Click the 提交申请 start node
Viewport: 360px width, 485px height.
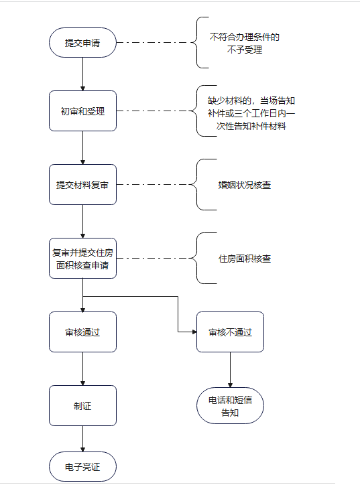tap(82, 43)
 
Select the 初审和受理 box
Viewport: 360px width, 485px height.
tap(82, 111)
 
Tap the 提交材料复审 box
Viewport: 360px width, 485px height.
tap(82, 185)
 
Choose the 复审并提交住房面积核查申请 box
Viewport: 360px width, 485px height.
tap(82, 259)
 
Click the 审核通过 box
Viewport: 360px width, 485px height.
tap(82, 332)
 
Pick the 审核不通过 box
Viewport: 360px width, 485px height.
tap(230, 332)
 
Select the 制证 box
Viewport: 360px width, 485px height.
tap(82, 405)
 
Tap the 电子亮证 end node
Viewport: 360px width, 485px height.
tap(82, 466)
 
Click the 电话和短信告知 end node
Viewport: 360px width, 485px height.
tap(230, 405)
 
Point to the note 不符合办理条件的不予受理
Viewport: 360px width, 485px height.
tap(245, 44)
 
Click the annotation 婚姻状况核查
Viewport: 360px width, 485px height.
tap(245, 185)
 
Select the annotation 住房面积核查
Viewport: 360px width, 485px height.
tap(245, 259)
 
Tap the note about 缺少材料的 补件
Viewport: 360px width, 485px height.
tap(251, 113)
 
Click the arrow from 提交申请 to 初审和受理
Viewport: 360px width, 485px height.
tap(82, 74)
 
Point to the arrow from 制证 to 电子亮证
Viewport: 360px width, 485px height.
tap(82, 439)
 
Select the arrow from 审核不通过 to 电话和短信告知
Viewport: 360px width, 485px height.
tap(230, 370)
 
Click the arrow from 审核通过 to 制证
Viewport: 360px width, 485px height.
tap(82, 368)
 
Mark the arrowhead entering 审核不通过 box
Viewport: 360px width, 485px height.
tap(194, 332)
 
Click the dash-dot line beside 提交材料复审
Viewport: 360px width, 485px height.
tap(154, 185)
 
